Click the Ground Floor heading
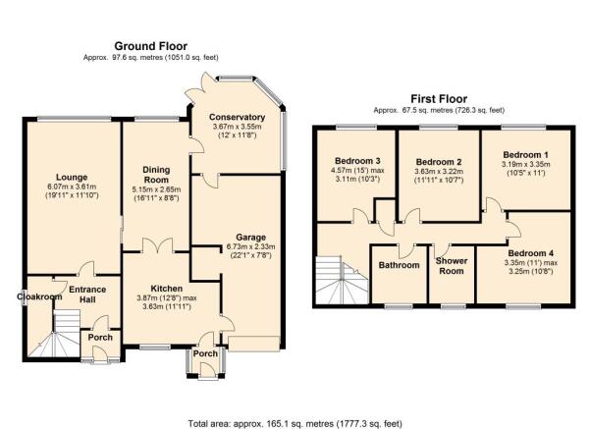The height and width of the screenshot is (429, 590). [150, 46]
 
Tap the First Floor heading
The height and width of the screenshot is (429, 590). [439, 99]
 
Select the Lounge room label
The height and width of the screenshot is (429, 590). [72, 178]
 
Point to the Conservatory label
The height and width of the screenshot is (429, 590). [237, 117]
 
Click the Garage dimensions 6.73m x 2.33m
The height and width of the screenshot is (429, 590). [250, 246]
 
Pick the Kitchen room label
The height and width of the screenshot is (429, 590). [166, 289]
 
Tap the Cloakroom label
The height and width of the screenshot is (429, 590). [39, 296]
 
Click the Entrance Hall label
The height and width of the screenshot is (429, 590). [87, 295]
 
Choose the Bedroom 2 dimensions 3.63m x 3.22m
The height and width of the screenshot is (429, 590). [439, 171]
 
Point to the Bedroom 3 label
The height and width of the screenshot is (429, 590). [357, 161]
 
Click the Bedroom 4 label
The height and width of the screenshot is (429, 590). [530, 253]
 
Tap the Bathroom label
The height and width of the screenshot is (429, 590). [399, 265]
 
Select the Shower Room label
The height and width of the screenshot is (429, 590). [452, 266]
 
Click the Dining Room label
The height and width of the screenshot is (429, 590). [156, 175]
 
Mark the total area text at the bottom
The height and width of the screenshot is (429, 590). [295, 424]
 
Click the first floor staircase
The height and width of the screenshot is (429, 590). [342, 280]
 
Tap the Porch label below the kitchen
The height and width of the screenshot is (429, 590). [205, 353]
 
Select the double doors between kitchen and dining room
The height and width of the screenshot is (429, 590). [158, 245]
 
